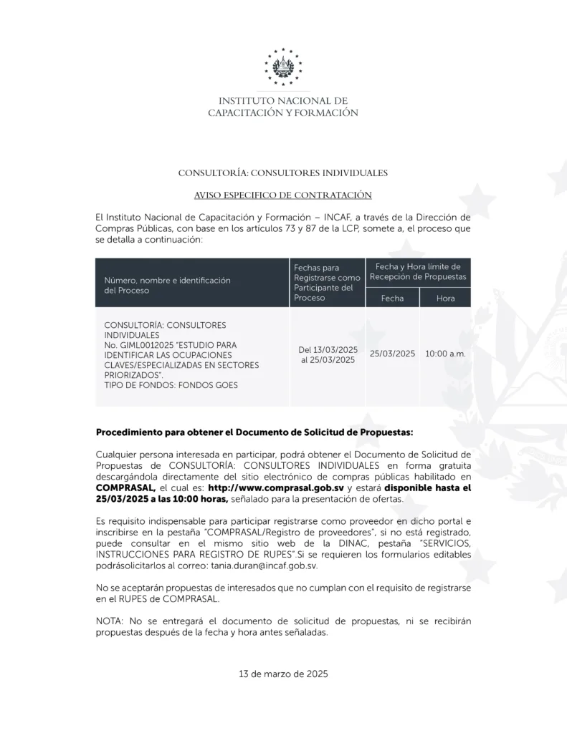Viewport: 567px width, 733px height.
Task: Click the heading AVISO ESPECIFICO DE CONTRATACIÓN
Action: click(283, 195)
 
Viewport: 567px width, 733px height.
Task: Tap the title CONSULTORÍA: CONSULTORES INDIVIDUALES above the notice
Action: click(283, 173)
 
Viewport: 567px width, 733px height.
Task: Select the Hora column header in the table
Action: click(445, 298)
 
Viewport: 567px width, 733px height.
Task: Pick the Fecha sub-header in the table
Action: click(392, 298)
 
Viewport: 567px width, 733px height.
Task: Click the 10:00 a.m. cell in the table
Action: click(445, 354)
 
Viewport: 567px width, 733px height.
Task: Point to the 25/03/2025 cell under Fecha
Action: click(392, 354)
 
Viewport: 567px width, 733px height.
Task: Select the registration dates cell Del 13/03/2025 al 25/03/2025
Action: click(328, 354)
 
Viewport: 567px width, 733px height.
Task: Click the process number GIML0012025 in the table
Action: click(143, 344)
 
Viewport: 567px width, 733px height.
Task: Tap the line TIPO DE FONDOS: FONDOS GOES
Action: click(171, 384)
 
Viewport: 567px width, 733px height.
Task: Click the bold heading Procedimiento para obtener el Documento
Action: click(254, 432)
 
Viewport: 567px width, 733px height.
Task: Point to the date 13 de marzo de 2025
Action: click(283, 674)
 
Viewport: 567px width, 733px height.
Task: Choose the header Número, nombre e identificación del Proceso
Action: click(168, 286)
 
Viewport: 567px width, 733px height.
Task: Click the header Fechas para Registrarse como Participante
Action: click(327, 282)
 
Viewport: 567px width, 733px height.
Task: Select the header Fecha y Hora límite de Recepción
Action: click(418, 271)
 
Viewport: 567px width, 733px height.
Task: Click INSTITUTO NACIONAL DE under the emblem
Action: click(283, 101)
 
